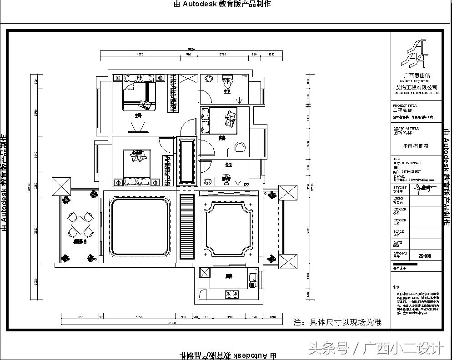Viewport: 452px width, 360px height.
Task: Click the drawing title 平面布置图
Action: click(x=415, y=146)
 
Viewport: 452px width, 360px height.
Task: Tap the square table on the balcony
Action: click(x=80, y=224)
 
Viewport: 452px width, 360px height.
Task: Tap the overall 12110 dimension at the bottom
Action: click(x=171, y=323)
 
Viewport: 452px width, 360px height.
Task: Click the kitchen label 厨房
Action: click(x=229, y=276)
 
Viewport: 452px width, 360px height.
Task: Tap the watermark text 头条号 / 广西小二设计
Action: click(x=376, y=349)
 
